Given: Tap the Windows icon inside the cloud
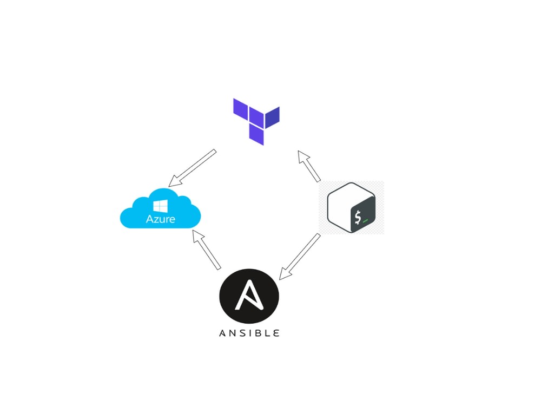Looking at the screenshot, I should [x=160, y=206].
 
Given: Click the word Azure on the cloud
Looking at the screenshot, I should [x=160, y=219].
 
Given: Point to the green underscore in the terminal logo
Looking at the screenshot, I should [x=366, y=221].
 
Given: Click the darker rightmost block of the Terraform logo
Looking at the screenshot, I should [x=272, y=116].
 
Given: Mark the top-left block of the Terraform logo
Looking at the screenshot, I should [x=240, y=107].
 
